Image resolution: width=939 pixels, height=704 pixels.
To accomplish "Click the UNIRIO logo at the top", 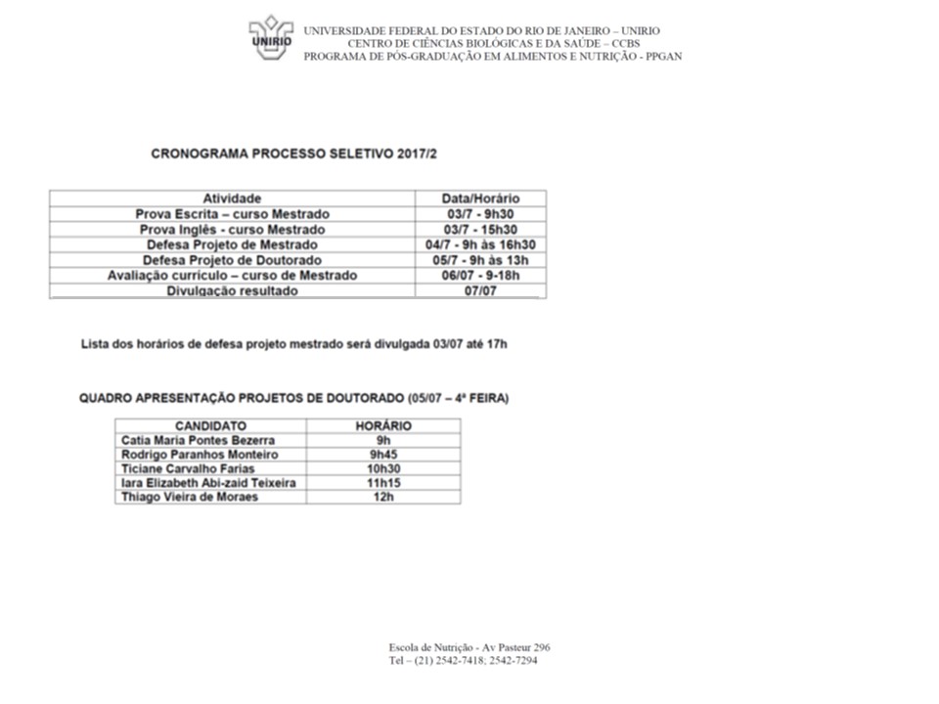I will (x=271, y=37).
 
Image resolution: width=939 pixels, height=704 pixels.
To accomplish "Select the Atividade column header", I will (x=232, y=198).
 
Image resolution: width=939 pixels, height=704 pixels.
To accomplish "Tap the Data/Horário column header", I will (x=480, y=198).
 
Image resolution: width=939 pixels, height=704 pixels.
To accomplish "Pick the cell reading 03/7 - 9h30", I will (x=480, y=213).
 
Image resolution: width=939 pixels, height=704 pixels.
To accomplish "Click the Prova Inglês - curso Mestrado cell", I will (x=232, y=229).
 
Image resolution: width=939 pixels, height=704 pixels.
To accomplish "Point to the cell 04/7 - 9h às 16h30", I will (x=480, y=244).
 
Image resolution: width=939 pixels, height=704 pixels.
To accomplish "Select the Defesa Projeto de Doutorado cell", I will (x=232, y=260).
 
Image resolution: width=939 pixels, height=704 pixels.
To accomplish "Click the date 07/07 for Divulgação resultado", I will (x=480, y=291).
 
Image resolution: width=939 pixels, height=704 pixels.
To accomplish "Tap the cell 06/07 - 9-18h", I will (x=480, y=276).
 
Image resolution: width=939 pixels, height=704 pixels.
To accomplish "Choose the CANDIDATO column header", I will (x=210, y=426).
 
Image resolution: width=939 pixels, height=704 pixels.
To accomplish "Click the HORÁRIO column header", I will (x=382, y=426).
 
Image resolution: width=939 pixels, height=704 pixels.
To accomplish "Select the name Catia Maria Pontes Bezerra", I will (x=198, y=440).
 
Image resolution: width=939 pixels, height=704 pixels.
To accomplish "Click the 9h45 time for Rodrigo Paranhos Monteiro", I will (x=382, y=455).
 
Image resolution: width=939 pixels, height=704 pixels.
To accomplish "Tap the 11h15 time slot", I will (x=382, y=483).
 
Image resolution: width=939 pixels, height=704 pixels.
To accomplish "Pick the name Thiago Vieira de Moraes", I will (x=190, y=497).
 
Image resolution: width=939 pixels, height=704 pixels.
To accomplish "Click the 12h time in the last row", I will (x=382, y=497).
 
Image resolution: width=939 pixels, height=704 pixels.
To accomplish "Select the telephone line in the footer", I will (x=462, y=660).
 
